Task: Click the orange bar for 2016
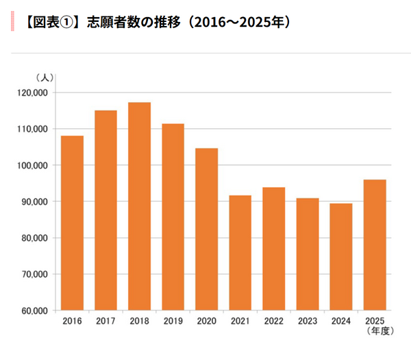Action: pyautogui.click(x=72, y=223)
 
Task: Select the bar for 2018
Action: pyautogui.click(x=139, y=206)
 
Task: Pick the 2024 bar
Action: pyautogui.click(x=340, y=256)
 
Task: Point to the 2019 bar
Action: pyautogui.click(x=173, y=217)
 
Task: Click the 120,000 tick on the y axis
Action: pyautogui.click(x=32, y=93)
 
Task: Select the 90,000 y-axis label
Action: pyautogui.click(x=34, y=202)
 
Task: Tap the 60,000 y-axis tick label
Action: pyautogui.click(x=34, y=311)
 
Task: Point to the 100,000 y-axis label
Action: pyautogui.click(x=32, y=165)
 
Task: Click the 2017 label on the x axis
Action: pyautogui.click(x=105, y=322)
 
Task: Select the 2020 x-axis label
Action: pyautogui.click(x=206, y=322)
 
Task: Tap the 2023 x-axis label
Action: pyautogui.click(x=307, y=322)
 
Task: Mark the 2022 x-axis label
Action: pyautogui.click(x=273, y=322)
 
